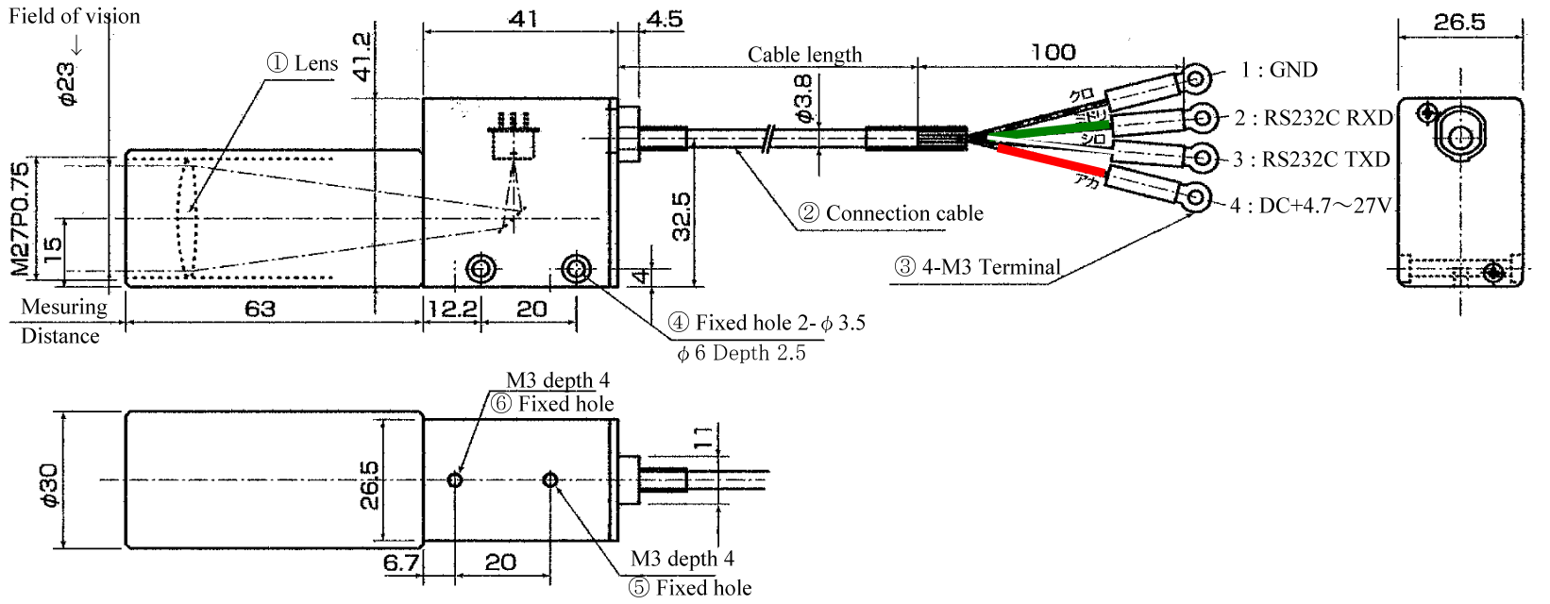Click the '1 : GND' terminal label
tap(1279, 70)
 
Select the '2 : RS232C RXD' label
tap(1313, 118)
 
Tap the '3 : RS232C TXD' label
tap(1311, 159)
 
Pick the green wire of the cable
tap(1048, 130)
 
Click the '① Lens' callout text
tap(302, 63)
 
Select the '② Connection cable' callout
tap(890, 213)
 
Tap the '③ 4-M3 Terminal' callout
tap(978, 267)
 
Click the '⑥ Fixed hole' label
tap(552, 404)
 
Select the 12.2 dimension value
tap(451, 309)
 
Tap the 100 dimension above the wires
tap(1053, 51)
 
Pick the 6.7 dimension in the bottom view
tap(401, 562)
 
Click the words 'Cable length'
tap(804, 55)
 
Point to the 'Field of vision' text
tap(75, 16)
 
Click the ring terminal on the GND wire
tap(1198, 76)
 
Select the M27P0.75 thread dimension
tap(21, 219)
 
